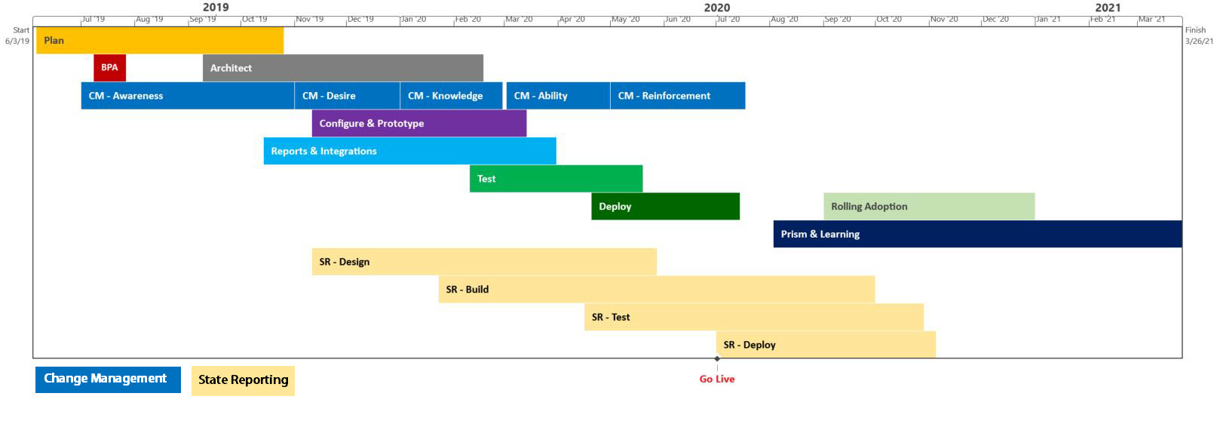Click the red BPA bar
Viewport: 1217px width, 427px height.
110,68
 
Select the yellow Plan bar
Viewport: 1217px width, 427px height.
160,40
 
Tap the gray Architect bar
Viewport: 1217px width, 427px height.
343,68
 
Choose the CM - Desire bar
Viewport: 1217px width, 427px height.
347,96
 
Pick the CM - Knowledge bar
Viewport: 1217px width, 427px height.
452,96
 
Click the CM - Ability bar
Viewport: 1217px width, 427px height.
559,96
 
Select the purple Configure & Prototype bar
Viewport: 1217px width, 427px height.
419,123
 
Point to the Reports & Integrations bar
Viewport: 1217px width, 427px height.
410,151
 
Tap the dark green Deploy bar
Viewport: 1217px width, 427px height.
666,207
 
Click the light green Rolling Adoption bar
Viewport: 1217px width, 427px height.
929,207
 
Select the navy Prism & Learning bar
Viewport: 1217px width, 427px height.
978,234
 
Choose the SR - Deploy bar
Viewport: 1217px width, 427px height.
826,345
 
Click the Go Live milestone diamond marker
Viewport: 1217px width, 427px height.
717,358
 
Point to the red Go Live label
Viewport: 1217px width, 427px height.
717,379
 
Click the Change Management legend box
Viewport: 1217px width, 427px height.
108,379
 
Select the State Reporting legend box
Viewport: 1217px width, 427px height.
243,380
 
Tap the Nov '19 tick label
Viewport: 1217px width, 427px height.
310,20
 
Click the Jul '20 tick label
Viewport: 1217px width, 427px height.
728,20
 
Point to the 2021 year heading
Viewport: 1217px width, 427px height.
1108,8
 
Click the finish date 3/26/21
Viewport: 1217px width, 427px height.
1199,41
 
